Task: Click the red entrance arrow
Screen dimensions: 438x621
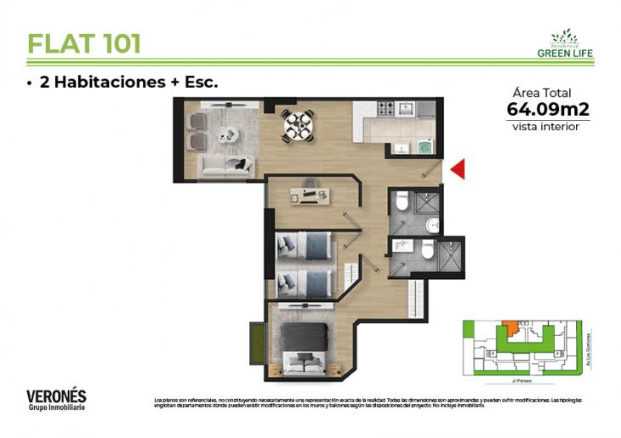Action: (x=457, y=170)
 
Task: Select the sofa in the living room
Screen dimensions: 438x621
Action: (x=225, y=165)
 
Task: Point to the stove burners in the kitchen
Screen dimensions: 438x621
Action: (x=385, y=109)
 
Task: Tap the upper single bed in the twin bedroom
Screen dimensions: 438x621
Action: (x=305, y=246)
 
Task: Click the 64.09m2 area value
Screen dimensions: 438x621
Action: (x=547, y=109)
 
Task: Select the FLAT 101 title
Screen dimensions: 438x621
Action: (x=83, y=43)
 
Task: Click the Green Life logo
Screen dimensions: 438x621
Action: (x=565, y=43)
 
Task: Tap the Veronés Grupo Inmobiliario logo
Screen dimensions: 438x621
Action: (x=56, y=400)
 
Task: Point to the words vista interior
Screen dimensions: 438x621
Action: (x=546, y=127)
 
